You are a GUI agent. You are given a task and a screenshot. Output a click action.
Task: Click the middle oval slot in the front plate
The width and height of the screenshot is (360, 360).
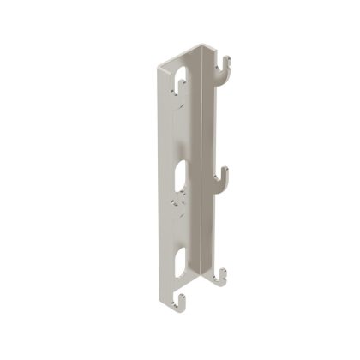coord(179,174)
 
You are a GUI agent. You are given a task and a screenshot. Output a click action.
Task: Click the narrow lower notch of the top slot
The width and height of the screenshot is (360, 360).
coord(179,99)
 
